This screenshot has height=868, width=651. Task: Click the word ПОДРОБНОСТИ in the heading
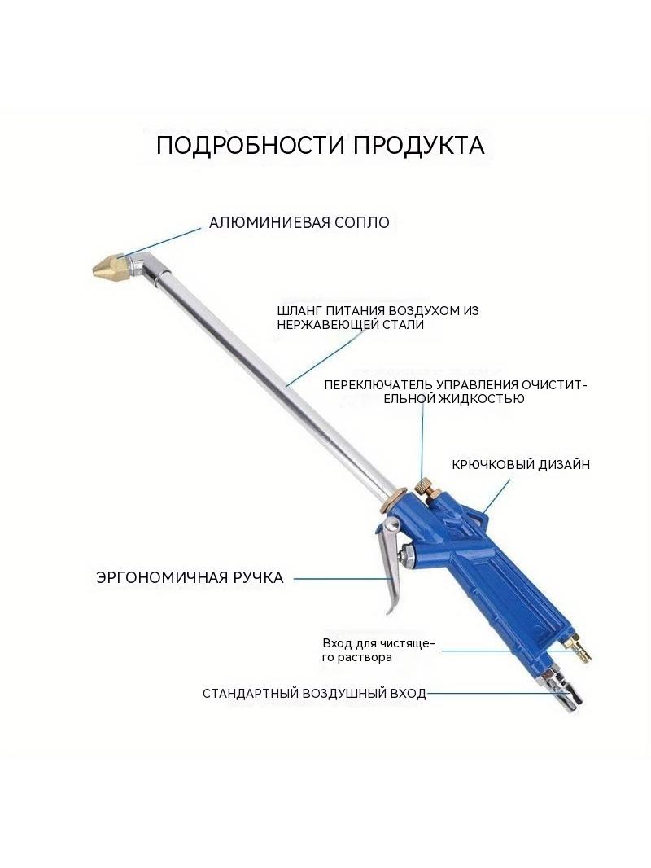pos(250,146)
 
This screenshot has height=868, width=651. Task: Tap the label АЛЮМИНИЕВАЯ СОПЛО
pos(299,222)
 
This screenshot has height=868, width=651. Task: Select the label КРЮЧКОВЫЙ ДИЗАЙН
pos(521,464)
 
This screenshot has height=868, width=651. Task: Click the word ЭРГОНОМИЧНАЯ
pos(161,577)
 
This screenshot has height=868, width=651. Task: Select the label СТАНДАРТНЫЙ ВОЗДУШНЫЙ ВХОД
pos(314,694)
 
